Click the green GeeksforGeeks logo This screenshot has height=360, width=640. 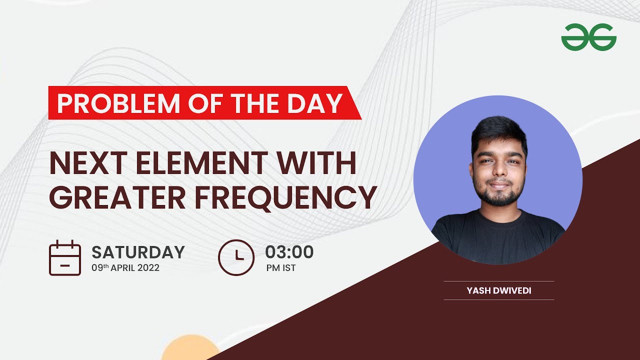click(x=588, y=38)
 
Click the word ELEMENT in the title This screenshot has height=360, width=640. click(x=192, y=163)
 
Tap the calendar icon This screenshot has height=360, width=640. click(x=65, y=258)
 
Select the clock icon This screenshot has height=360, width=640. click(x=236, y=257)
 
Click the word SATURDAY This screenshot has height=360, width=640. click(x=138, y=252)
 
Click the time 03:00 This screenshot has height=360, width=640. click(x=289, y=252)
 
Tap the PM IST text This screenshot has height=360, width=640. click(x=280, y=268)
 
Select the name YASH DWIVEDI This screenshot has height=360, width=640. click(x=498, y=290)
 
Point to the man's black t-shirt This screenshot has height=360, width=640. click(x=498, y=237)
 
